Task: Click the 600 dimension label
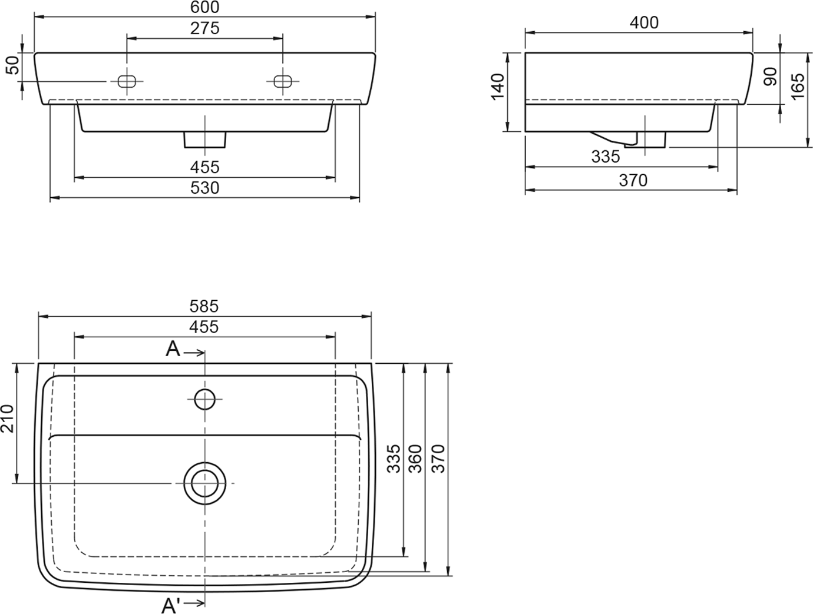pos(205,7)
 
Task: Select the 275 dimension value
pos(205,28)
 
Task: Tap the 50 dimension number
pos(14,65)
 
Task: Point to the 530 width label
pos(205,188)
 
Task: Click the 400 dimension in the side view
pos(644,22)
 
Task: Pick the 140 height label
pos(497,87)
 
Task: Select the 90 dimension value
pos(771,77)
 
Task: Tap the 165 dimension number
pos(798,86)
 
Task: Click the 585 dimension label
pos(204,306)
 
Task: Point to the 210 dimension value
pos(8,419)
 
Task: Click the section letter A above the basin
pos(173,349)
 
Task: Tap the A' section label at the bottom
pos(171,606)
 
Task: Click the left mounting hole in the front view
pos(127,81)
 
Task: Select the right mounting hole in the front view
pos(283,81)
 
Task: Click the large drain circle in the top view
pos(205,483)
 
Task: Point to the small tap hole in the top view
pos(205,399)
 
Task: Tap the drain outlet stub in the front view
pos(205,140)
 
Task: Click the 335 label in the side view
pos(605,157)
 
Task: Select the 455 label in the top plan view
pos(204,327)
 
